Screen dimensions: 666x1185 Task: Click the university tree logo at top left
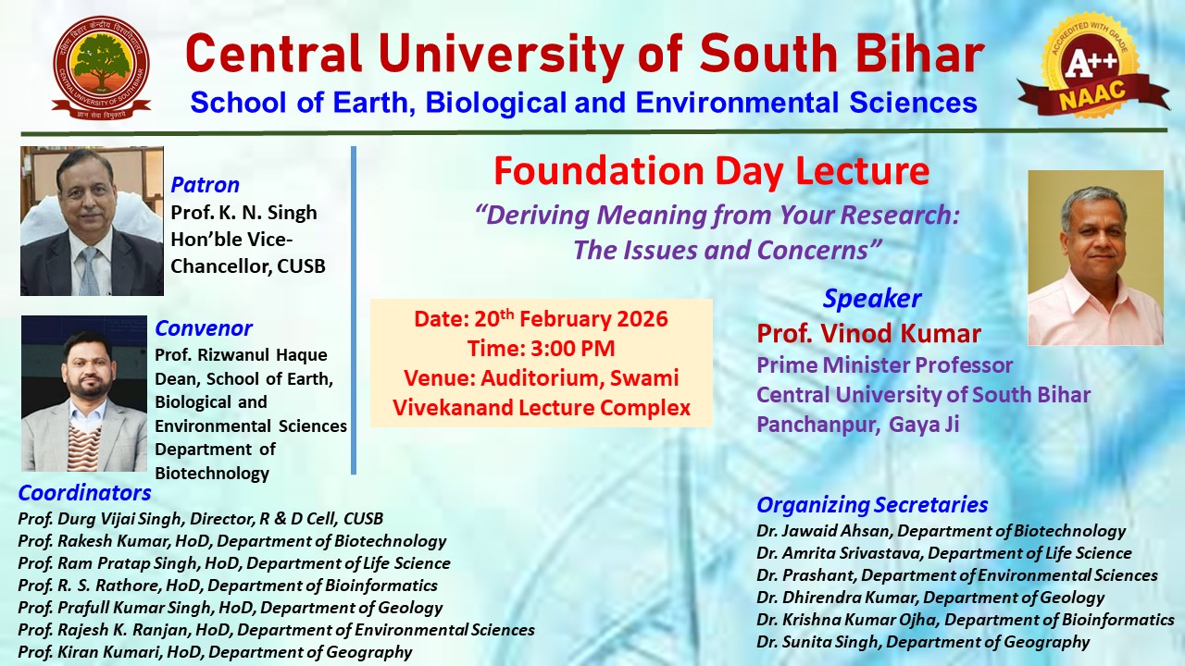point(101,69)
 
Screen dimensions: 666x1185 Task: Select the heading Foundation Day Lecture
point(710,171)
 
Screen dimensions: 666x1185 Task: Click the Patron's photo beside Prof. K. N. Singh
point(92,221)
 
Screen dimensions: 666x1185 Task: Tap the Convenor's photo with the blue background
point(83,393)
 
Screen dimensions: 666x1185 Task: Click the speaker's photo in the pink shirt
point(1095,257)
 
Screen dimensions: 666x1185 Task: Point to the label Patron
point(205,185)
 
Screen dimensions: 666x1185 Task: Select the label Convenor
point(203,328)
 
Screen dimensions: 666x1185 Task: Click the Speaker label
point(871,299)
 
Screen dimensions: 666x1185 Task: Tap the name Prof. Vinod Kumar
point(868,333)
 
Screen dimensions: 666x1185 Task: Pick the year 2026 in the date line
point(635,320)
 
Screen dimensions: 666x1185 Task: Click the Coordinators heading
point(84,493)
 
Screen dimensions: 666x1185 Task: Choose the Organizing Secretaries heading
point(872,505)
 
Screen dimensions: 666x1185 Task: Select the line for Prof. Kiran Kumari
point(215,652)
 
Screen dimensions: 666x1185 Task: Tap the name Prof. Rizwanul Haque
point(241,355)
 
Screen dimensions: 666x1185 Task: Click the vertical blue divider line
point(354,310)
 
